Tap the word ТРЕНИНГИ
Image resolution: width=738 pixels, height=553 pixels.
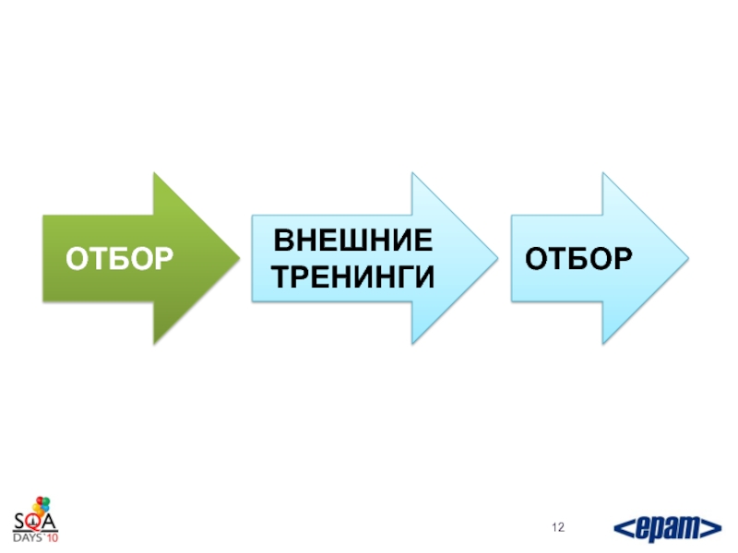[354, 276]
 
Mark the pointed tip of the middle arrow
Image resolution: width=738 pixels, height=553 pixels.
[495, 258]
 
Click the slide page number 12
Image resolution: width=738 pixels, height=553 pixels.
[559, 527]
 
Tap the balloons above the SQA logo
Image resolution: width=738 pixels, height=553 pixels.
[39, 505]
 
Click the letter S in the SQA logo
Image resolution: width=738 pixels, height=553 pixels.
[20, 523]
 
